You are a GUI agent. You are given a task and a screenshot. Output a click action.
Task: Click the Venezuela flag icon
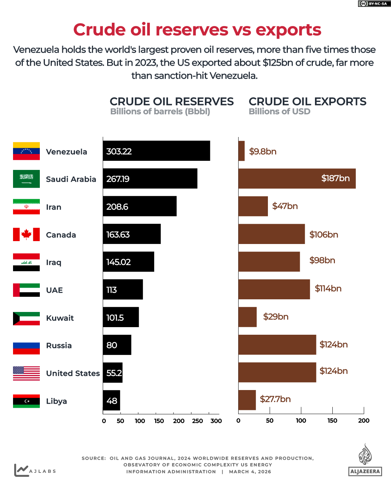click(26, 151)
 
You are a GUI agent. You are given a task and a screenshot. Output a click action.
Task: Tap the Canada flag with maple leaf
click(26, 234)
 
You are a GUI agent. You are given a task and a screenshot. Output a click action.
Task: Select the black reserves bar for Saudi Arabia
click(150, 179)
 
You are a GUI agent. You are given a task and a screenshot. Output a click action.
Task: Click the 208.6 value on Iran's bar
click(117, 207)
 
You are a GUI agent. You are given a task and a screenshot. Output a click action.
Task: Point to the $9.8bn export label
click(262, 151)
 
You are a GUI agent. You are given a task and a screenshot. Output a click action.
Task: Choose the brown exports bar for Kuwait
click(248, 317)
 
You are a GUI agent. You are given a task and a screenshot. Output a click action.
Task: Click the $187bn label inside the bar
click(335, 178)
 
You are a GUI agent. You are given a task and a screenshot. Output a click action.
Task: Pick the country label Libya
click(56, 401)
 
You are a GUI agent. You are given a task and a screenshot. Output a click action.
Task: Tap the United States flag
click(26, 373)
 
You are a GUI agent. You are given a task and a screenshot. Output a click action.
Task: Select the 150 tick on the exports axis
click(332, 420)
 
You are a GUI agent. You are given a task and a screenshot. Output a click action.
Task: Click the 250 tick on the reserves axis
click(197, 421)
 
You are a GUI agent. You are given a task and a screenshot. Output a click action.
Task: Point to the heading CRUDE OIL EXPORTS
click(307, 102)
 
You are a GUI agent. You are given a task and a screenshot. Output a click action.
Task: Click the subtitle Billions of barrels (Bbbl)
click(160, 112)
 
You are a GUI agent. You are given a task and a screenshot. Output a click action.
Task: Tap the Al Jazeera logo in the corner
click(365, 460)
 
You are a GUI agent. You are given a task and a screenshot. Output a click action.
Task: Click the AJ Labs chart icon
click(21, 470)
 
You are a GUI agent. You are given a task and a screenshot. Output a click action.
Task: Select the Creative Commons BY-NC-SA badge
click(374, 4)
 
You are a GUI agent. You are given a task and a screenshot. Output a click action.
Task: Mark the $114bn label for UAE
click(328, 288)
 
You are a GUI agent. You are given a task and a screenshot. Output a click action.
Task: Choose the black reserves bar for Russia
click(117, 345)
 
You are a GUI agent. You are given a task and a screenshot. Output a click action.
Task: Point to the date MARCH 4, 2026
click(250, 472)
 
